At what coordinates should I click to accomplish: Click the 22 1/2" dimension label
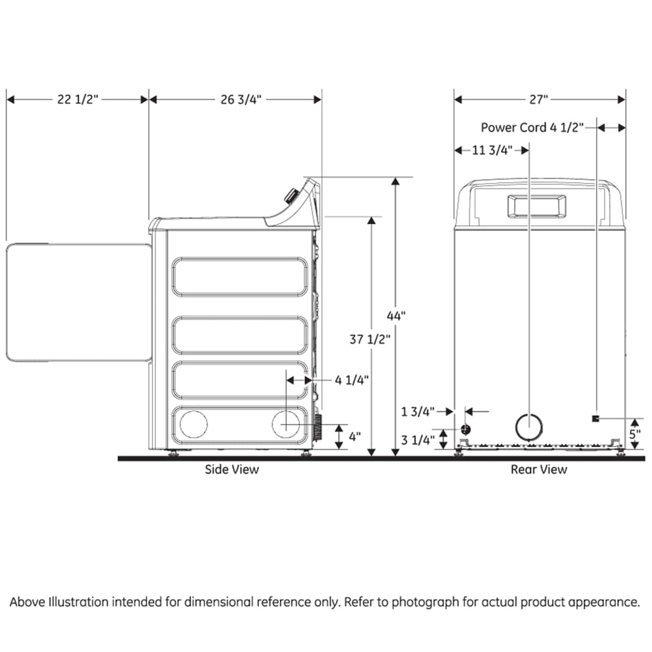pos(78,99)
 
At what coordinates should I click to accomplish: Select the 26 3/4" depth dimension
pos(241,99)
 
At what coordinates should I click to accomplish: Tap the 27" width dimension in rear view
pos(539,99)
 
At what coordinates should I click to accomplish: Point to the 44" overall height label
pos(396,316)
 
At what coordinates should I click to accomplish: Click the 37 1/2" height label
pos(370,340)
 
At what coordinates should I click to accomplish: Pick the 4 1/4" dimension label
pos(352,380)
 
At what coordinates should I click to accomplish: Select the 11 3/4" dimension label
pos(492,151)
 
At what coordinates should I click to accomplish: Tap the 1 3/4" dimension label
pos(417,412)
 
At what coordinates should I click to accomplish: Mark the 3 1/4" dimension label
pos(417,440)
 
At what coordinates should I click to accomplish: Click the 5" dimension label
pos(635,435)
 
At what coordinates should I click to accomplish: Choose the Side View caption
pos(231,469)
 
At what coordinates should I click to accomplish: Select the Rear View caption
pos(538,469)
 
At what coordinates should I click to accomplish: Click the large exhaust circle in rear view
pos(529,427)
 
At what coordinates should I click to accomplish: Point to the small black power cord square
pos(595,418)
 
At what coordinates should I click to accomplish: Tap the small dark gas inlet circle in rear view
pos(466,429)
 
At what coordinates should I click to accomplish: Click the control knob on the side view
pos(291,196)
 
